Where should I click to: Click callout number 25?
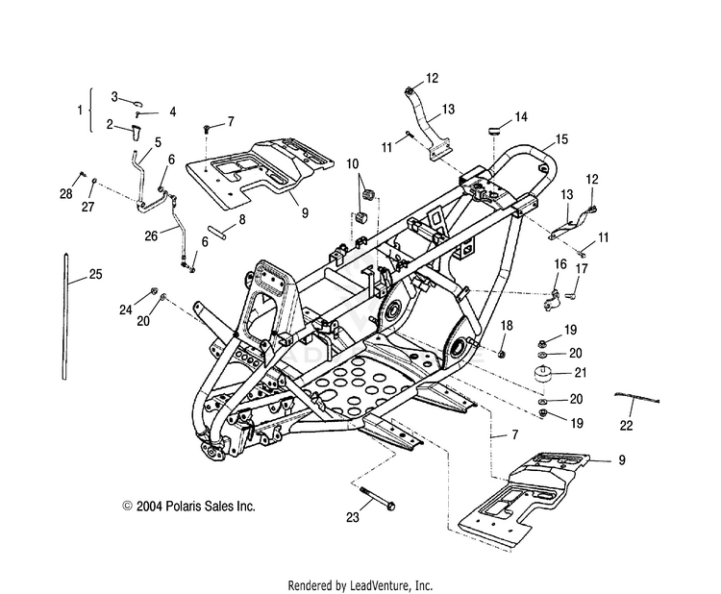95,275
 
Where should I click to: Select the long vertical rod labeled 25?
64,316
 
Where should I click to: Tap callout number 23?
352,517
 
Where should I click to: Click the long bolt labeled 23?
377,498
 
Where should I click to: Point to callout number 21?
582,372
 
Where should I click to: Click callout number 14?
521,117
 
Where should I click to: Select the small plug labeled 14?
494,131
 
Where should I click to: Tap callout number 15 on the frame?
561,139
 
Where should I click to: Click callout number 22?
626,426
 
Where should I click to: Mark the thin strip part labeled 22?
637,398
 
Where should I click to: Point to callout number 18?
507,326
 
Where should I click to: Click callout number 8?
242,219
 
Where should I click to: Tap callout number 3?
114,97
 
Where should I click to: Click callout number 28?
66,193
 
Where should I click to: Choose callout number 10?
353,164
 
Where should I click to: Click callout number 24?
126,310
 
